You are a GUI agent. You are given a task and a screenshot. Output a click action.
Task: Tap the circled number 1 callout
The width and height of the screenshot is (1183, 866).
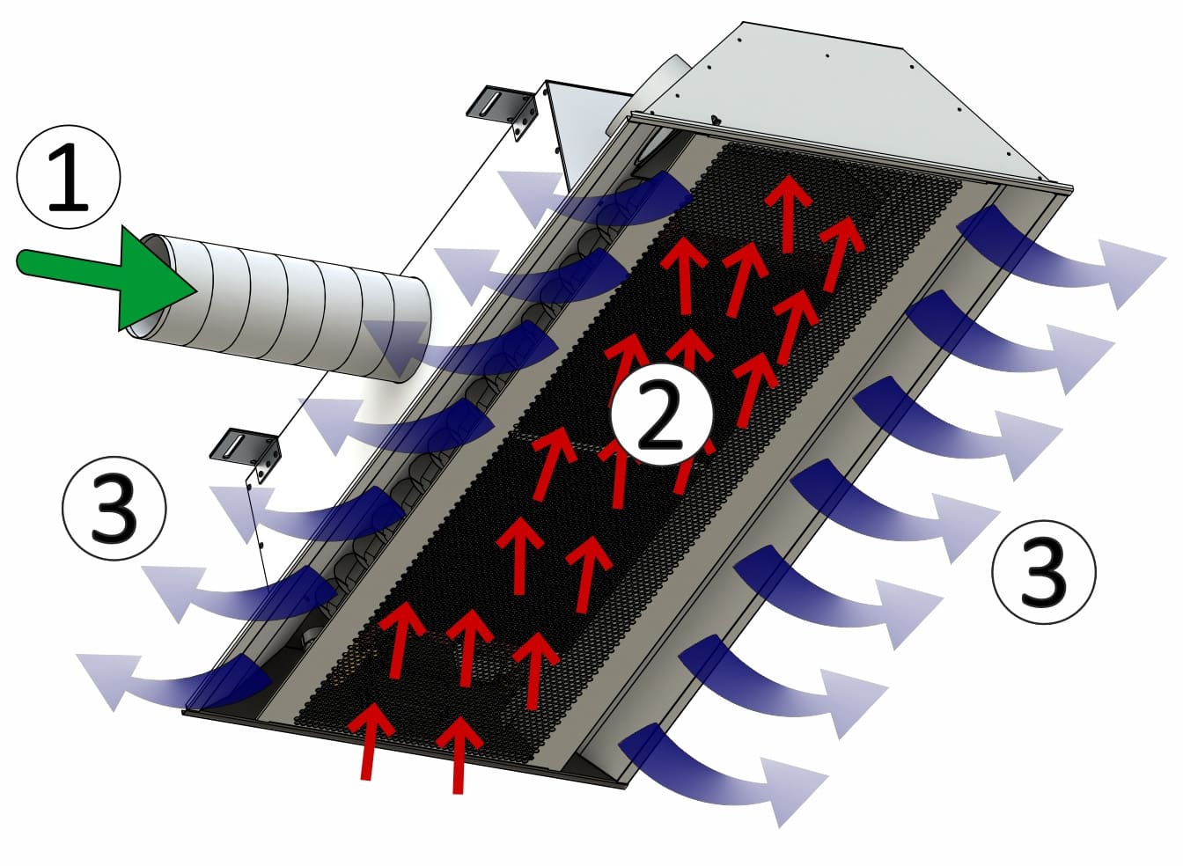69,177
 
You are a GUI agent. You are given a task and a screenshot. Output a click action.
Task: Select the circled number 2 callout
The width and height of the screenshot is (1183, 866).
661,414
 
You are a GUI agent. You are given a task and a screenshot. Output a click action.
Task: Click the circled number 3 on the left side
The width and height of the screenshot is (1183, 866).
114,508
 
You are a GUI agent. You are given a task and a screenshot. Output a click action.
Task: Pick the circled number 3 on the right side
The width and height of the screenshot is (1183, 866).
1044,572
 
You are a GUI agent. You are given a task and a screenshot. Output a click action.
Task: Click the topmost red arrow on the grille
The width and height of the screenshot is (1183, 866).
789,214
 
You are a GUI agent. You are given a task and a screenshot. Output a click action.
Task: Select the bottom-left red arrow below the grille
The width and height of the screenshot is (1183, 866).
370,741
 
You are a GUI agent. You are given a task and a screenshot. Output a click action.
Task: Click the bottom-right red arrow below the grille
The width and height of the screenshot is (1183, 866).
459,754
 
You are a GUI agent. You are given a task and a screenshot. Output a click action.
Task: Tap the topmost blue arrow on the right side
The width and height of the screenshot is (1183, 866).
1062,253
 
